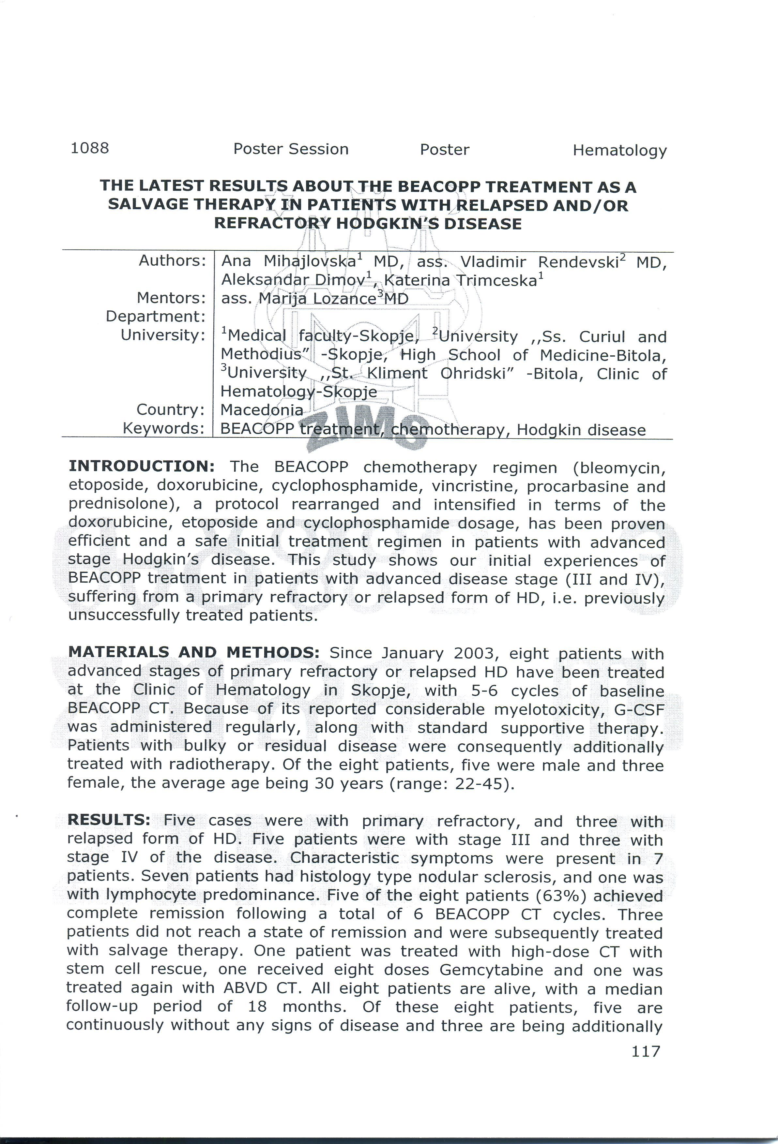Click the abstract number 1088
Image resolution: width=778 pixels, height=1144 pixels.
tap(90, 148)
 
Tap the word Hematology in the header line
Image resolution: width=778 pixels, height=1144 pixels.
tap(619, 150)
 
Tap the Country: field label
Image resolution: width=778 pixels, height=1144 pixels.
tap(170, 409)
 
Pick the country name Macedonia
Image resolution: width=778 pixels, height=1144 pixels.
tap(262, 409)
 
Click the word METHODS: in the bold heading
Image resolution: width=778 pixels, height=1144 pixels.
tap(273, 652)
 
